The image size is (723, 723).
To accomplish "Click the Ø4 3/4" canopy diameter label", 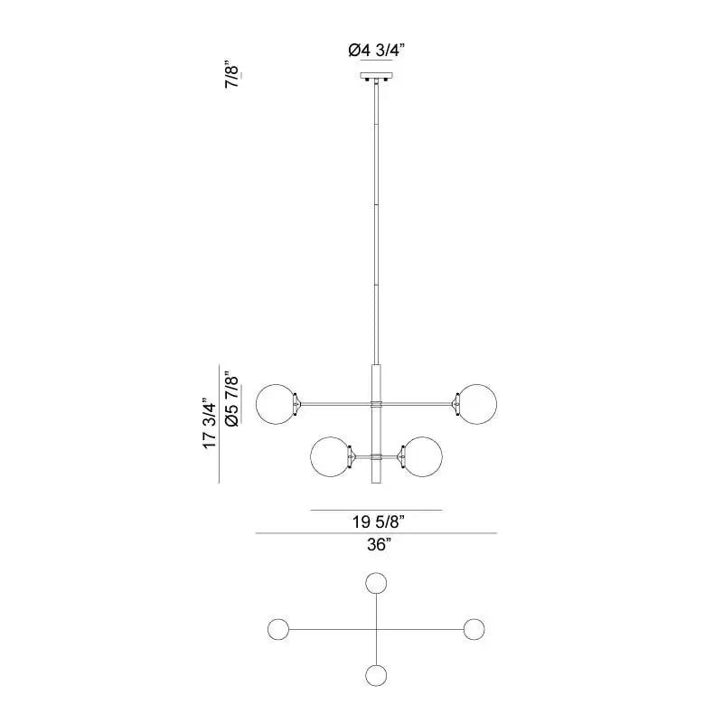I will coord(376,52).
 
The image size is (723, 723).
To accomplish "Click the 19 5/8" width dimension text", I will coord(377,521).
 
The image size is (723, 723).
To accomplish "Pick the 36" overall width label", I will coord(377,545).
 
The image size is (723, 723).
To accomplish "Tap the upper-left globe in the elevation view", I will coord(277,403).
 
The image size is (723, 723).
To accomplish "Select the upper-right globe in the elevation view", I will coord(476,403).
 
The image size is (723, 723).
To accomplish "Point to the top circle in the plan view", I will coord(376,583).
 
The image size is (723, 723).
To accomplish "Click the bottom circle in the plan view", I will coord(376,675).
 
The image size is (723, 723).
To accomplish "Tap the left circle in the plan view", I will coord(277,629).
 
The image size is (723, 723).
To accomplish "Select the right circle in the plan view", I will coord(475,629).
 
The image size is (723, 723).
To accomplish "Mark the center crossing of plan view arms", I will coord(376,629).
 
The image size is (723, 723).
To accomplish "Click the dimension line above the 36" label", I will coord(376,534).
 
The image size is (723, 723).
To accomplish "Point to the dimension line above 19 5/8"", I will coord(376,511).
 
